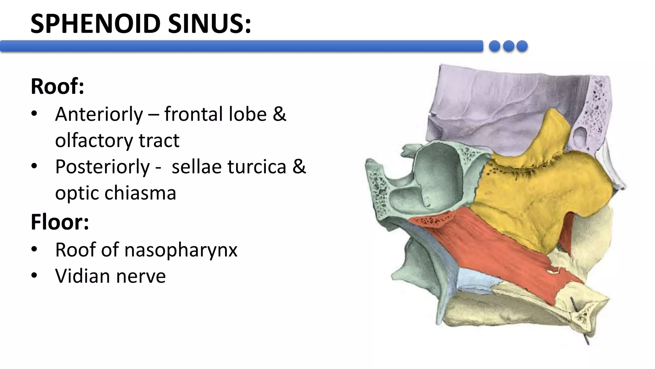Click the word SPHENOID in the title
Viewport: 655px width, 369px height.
tap(95, 24)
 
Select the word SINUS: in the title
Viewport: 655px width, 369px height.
tap(209, 24)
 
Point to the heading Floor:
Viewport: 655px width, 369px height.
tap(60, 222)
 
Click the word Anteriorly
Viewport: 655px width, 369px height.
tap(99, 114)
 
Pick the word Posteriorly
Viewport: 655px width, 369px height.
tap(102, 167)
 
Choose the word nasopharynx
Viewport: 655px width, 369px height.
tap(181, 250)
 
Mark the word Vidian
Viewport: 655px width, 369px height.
tap(83, 276)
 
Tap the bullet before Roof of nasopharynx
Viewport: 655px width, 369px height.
tap(34, 249)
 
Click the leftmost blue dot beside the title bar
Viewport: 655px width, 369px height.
tap(494, 46)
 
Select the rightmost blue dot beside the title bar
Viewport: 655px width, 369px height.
tap(522, 46)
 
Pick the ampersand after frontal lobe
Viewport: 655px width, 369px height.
tap(279, 114)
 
